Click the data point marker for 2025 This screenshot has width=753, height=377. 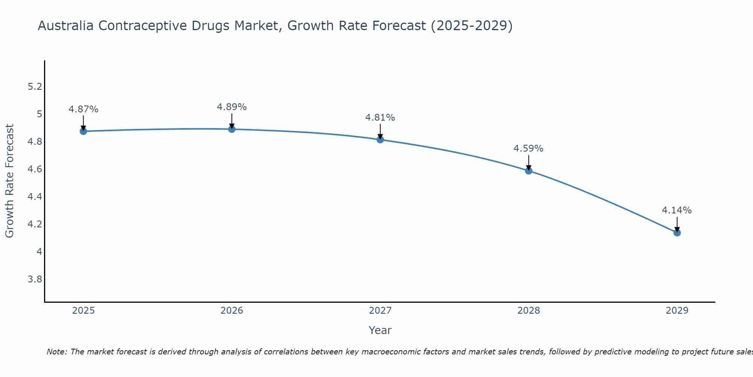tap(83, 131)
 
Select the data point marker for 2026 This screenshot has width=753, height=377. tap(232, 129)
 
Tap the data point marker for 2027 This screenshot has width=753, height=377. tap(380, 140)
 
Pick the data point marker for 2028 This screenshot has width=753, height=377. tap(529, 171)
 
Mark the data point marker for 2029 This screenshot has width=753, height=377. tap(677, 233)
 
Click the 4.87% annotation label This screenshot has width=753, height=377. tap(83, 109)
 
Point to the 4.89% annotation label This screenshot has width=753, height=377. tap(232, 107)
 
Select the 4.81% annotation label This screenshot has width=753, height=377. tap(380, 118)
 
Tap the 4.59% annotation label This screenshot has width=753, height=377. tap(529, 149)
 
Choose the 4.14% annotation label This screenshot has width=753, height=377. tap(677, 210)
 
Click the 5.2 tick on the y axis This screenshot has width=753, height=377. tap(35, 87)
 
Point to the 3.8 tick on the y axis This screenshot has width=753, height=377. tap(35, 279)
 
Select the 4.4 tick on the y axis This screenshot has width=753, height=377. tap(35, 197)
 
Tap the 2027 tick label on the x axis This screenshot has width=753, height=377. tap(380, 311)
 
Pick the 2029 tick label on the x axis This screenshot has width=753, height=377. tap(677, 311)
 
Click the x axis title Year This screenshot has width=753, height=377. tap(380, 330)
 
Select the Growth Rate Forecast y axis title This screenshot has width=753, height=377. tap(9, 181)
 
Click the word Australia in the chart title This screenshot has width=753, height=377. tap(66, 26)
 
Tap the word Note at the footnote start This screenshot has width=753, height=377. tap(56, 352)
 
